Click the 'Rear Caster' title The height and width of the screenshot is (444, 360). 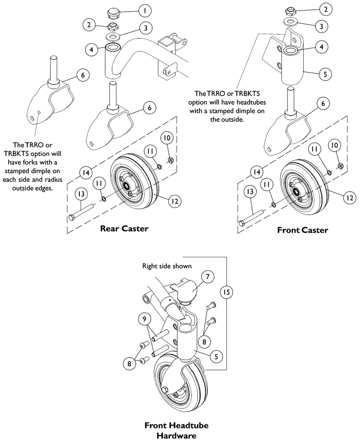point(124,229)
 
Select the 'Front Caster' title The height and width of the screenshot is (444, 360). point(302,230)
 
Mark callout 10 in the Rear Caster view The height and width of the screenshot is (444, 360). point(168,138)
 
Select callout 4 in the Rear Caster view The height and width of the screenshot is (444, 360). point(92,49)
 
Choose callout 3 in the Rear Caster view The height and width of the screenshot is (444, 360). point(146,28)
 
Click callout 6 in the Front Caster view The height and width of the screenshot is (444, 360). point(323,104)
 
